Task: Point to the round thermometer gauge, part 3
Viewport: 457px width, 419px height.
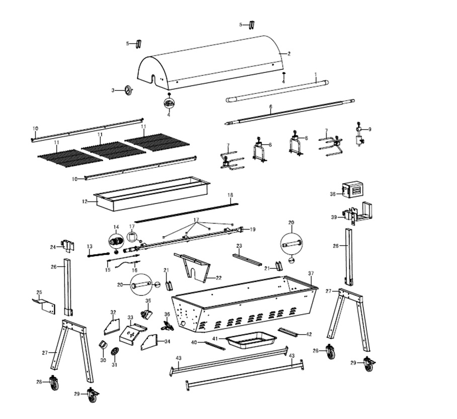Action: (x=129, y=90)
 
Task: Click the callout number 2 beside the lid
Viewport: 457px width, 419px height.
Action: (x=289, y=53)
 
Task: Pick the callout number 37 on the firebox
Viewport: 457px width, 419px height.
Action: (x=311, y=274)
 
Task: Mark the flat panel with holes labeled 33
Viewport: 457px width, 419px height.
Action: (x=132, y=334)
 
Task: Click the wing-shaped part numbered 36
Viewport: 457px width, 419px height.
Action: (x=167, y=326)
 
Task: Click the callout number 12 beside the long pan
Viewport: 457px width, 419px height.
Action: (x=86, y=201)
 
